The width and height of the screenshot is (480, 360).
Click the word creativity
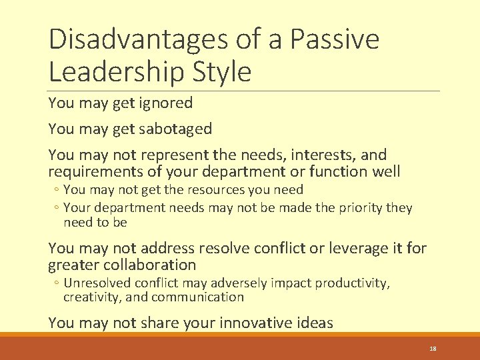click(90, 297)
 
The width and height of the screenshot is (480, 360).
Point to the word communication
click(197, 297)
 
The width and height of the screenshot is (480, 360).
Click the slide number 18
click(432, 349)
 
